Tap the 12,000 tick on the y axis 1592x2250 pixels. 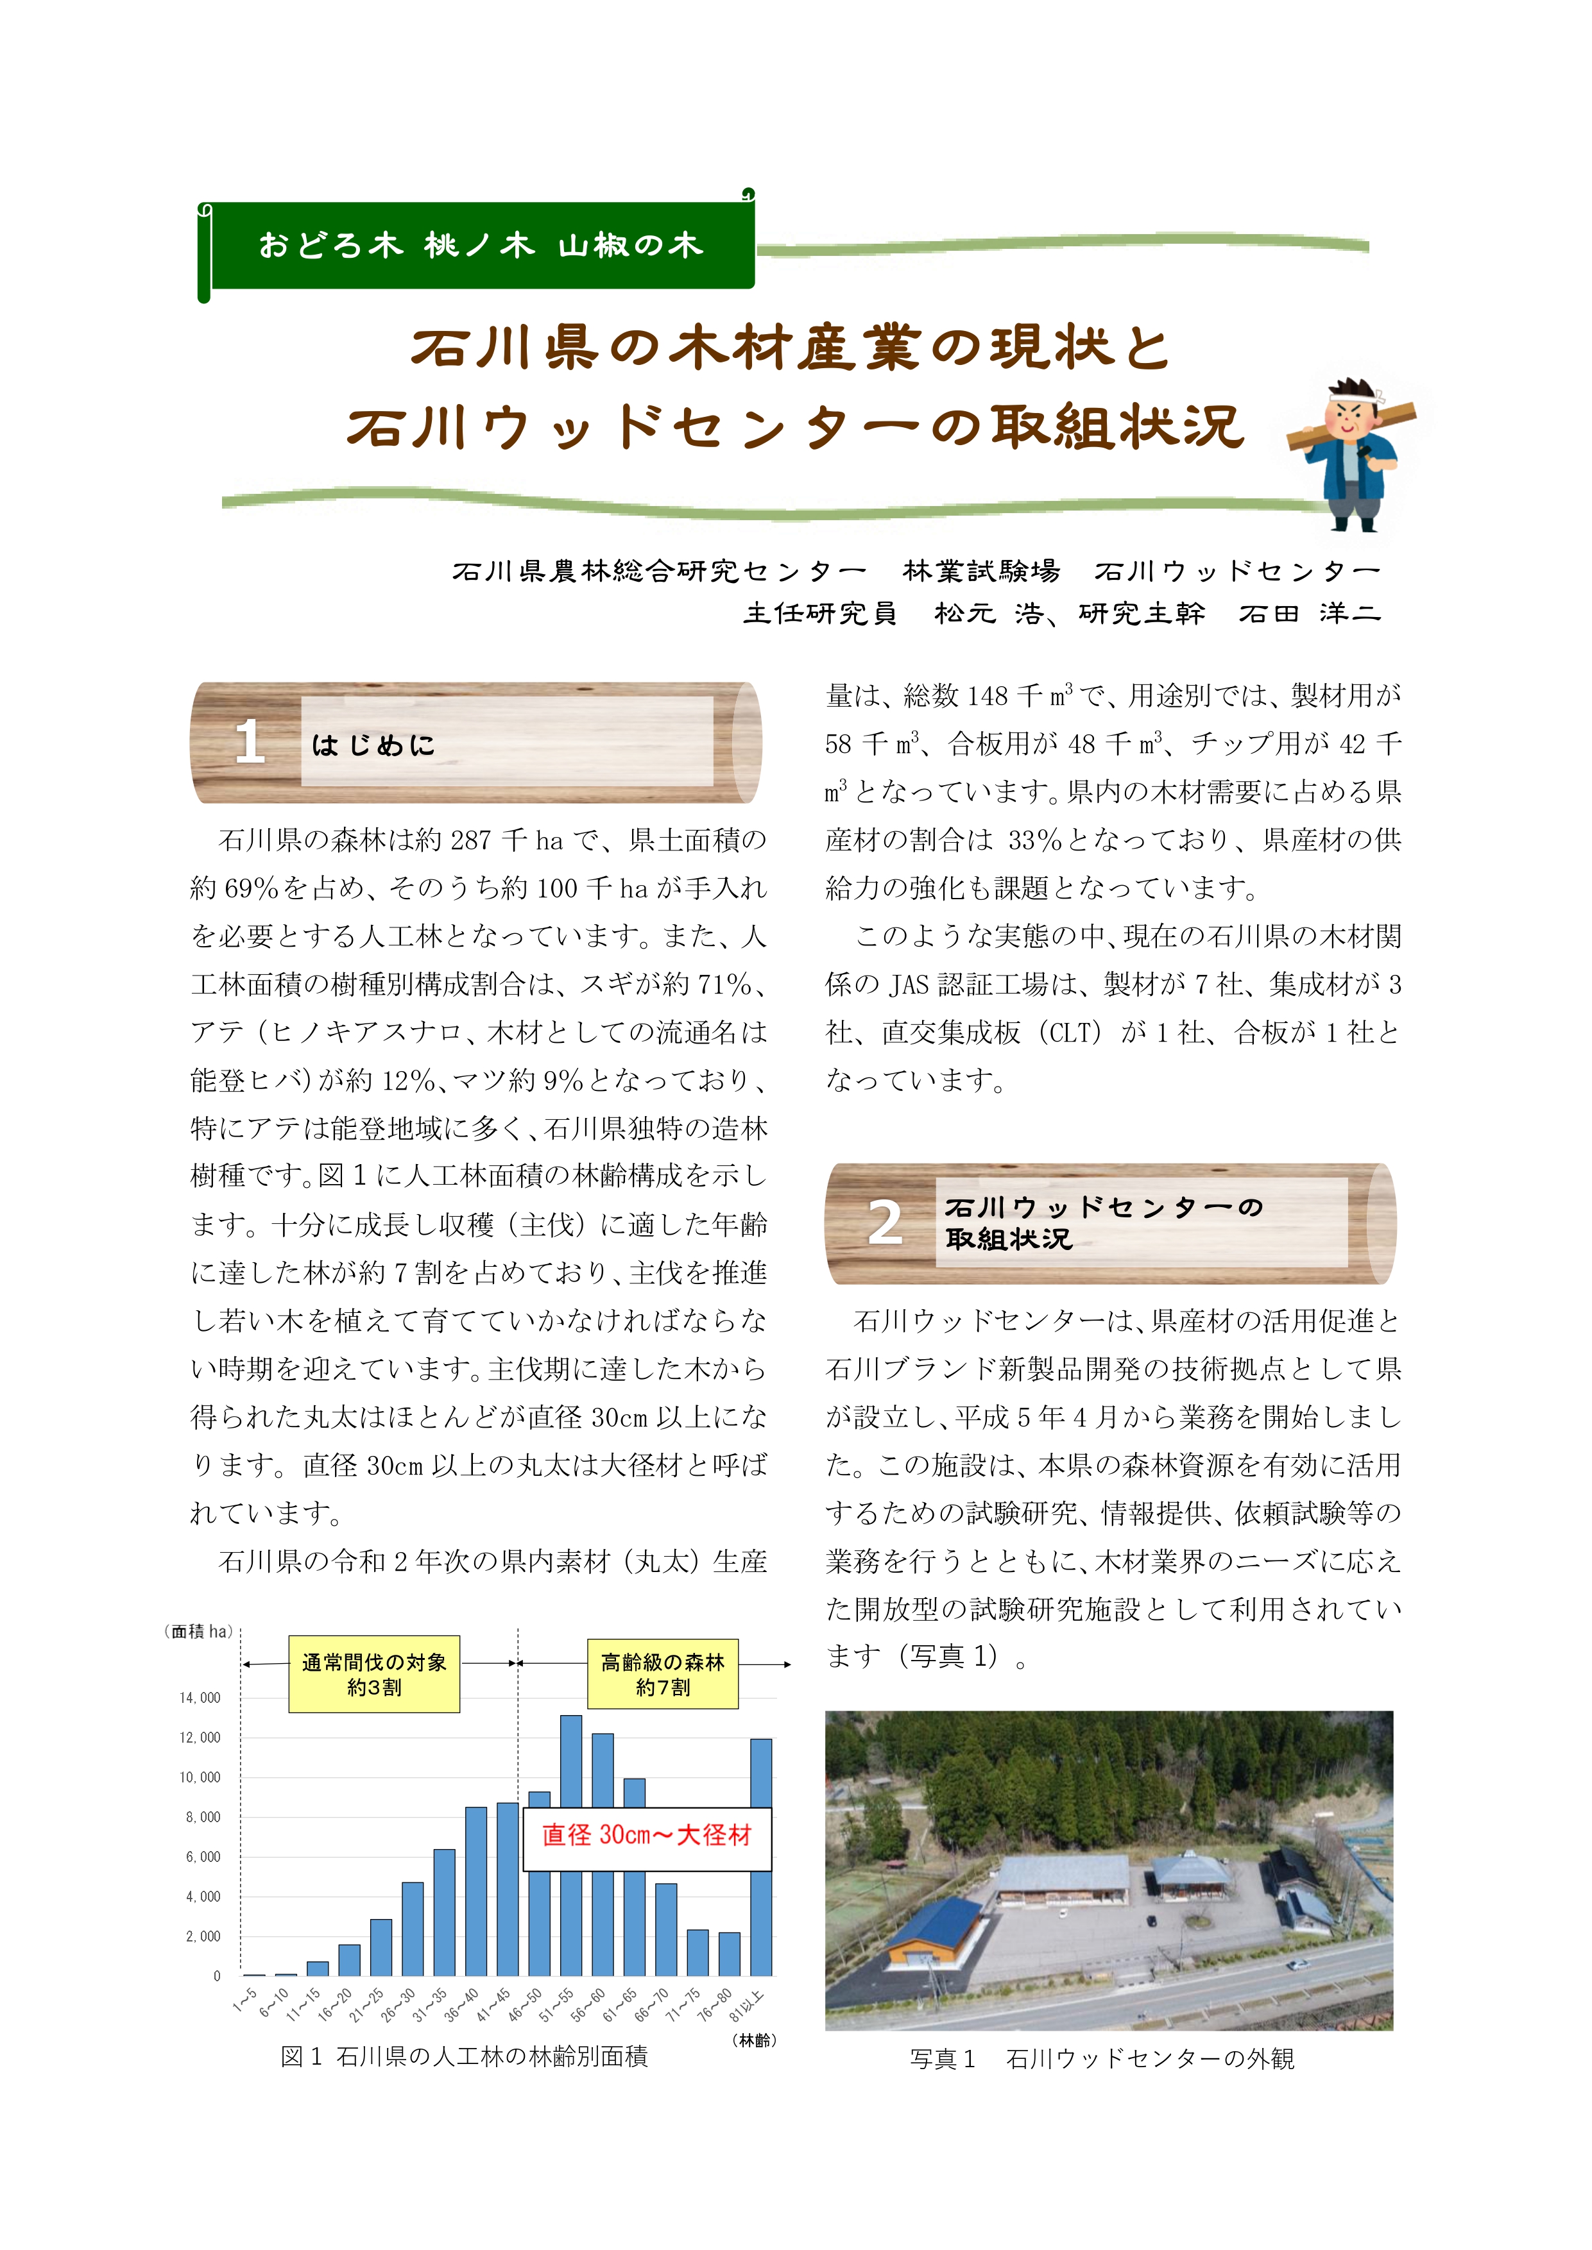coord(200,1738)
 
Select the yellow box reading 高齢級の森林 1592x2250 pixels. coord(663,1674)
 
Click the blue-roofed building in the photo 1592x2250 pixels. coord(936,1929)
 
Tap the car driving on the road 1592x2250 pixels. coord(1296,1965)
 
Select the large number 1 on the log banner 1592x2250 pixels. coord(249,742)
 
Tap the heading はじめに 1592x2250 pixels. coord(373,746)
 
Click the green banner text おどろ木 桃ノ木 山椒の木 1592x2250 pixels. coord(481,245)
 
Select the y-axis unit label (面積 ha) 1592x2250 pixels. coord(199,1632)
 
